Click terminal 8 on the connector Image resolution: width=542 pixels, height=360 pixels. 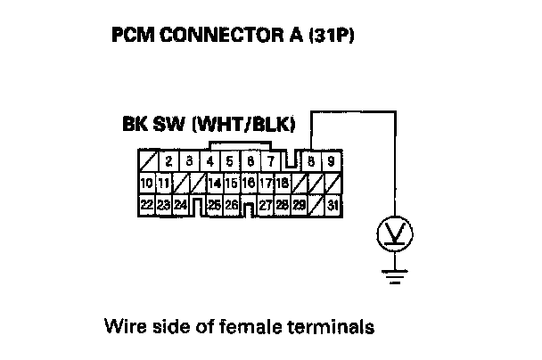click(x=310, y=162)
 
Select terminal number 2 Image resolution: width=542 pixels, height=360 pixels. click(x=168, y=162)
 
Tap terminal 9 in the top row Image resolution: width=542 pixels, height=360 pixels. click(x=330, y=162)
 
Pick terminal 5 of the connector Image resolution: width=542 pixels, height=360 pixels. click(x=230, y=162)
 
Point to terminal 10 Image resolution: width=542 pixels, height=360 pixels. click(x=146, y=184)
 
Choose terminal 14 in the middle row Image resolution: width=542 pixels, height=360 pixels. click(x=214, y=184)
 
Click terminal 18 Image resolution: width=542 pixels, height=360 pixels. click(x=281, y=184)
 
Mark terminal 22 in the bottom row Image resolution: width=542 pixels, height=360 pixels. click(x=146, y=205)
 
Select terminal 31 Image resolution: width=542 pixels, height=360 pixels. click(x=333, y=205)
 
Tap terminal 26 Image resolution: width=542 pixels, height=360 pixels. click(x=231, y=205)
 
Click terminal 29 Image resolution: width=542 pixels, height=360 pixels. click(x=299, y=205)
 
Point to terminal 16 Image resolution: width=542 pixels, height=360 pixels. click(x=249, y=184)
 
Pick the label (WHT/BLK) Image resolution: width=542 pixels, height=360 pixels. click(x=244, y=124)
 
